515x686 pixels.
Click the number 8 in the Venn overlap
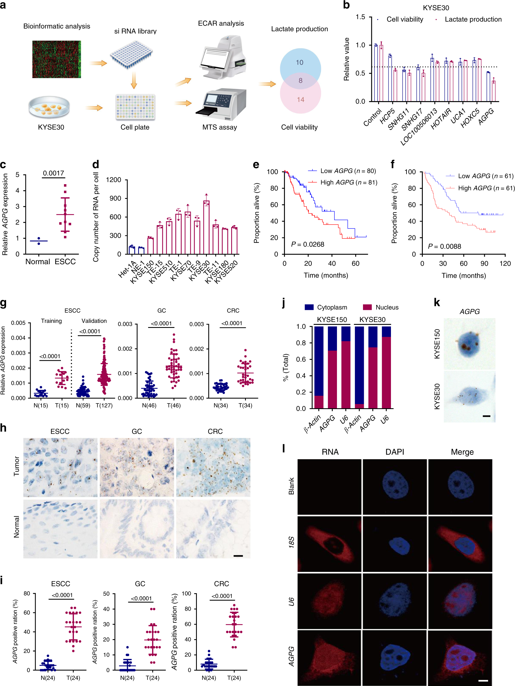pos(300,81)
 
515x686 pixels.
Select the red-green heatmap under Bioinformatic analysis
pos(56,59)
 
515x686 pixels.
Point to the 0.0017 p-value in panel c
pos(53,173)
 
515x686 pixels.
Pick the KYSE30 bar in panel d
pos(206,228)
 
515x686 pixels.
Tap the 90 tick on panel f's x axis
pos(484,264)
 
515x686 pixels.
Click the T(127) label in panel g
pos(104,405)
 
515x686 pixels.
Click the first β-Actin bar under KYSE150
pos(318,367)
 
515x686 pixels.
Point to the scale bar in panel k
pos(486,416)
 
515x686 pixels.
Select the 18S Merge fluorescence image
pos(460,544)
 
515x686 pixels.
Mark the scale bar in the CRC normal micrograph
pos(238,556)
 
